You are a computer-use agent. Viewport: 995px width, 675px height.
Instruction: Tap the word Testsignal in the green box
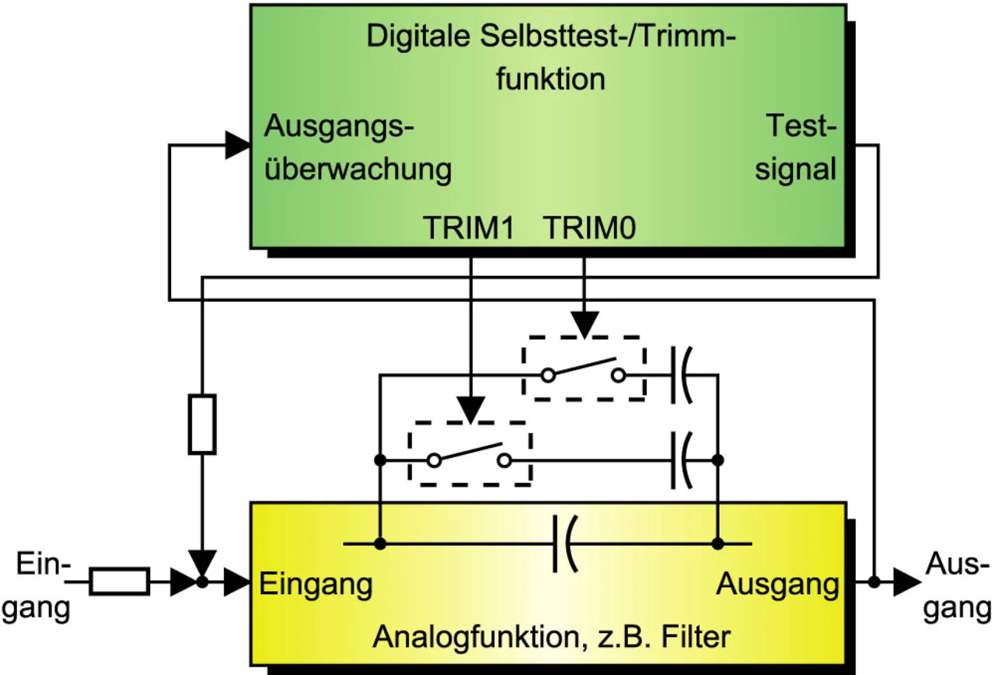796,147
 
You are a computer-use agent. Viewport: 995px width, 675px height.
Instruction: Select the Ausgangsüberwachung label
358,147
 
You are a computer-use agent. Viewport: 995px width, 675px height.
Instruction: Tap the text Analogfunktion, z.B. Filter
551,637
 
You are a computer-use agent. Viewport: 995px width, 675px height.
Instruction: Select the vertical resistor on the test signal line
202,424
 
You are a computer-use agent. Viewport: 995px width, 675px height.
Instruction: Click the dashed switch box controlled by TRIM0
584,369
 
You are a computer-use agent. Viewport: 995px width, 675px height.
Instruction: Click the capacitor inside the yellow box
564,542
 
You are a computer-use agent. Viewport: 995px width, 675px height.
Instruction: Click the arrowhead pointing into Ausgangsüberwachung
236,145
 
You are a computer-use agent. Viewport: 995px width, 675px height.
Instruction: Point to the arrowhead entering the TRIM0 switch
584,323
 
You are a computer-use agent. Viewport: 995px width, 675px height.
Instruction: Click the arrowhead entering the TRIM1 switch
470,407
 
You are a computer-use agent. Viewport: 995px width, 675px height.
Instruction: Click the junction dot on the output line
875,581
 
